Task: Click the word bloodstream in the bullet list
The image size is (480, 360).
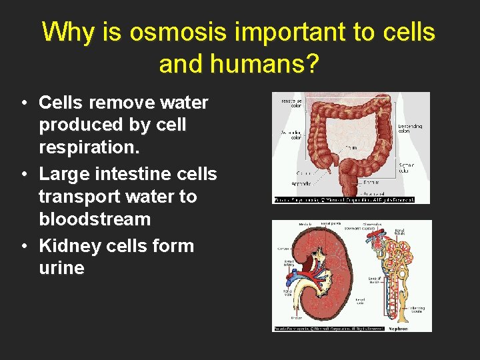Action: click(x=95, y=219)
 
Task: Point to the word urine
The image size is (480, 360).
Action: click(x=61, y=269)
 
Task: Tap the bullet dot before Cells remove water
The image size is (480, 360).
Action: click(x=23, y=104)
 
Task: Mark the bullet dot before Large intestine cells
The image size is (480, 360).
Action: click(x=23, y=175)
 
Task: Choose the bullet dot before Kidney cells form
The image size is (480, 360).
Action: click(x=23, y=247)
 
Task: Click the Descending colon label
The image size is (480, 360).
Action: click(x=409, y=128)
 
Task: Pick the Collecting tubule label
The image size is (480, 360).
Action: click(x=417, y=309)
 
